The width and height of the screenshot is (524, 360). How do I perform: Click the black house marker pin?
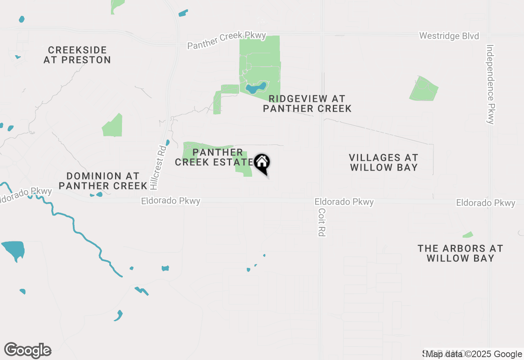click(262, 163)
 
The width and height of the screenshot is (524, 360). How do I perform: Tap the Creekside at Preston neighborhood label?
click(77, 55)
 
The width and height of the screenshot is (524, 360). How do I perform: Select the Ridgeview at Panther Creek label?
click(307, 103)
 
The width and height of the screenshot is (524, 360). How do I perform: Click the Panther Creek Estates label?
click(213, 157)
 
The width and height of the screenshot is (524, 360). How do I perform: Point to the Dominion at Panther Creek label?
click(103, 181)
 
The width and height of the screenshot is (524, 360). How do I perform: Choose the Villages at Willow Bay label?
click(384, 162)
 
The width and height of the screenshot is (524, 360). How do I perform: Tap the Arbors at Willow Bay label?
click(460, 253)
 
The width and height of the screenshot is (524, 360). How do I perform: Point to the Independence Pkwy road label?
click(491, 84)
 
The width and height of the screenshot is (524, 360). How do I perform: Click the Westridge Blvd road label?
click(449, 36)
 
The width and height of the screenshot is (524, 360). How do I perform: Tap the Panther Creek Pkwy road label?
click(227, 40)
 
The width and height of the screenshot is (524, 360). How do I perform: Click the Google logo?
click(28, 351)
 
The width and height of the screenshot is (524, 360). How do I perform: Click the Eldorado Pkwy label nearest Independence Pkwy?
click(486, 203)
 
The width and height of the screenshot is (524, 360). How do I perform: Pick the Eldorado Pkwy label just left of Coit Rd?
click(344, 202)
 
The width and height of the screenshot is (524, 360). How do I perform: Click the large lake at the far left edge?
click(13, 250)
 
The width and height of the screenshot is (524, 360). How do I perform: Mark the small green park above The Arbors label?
click(468, 235)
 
